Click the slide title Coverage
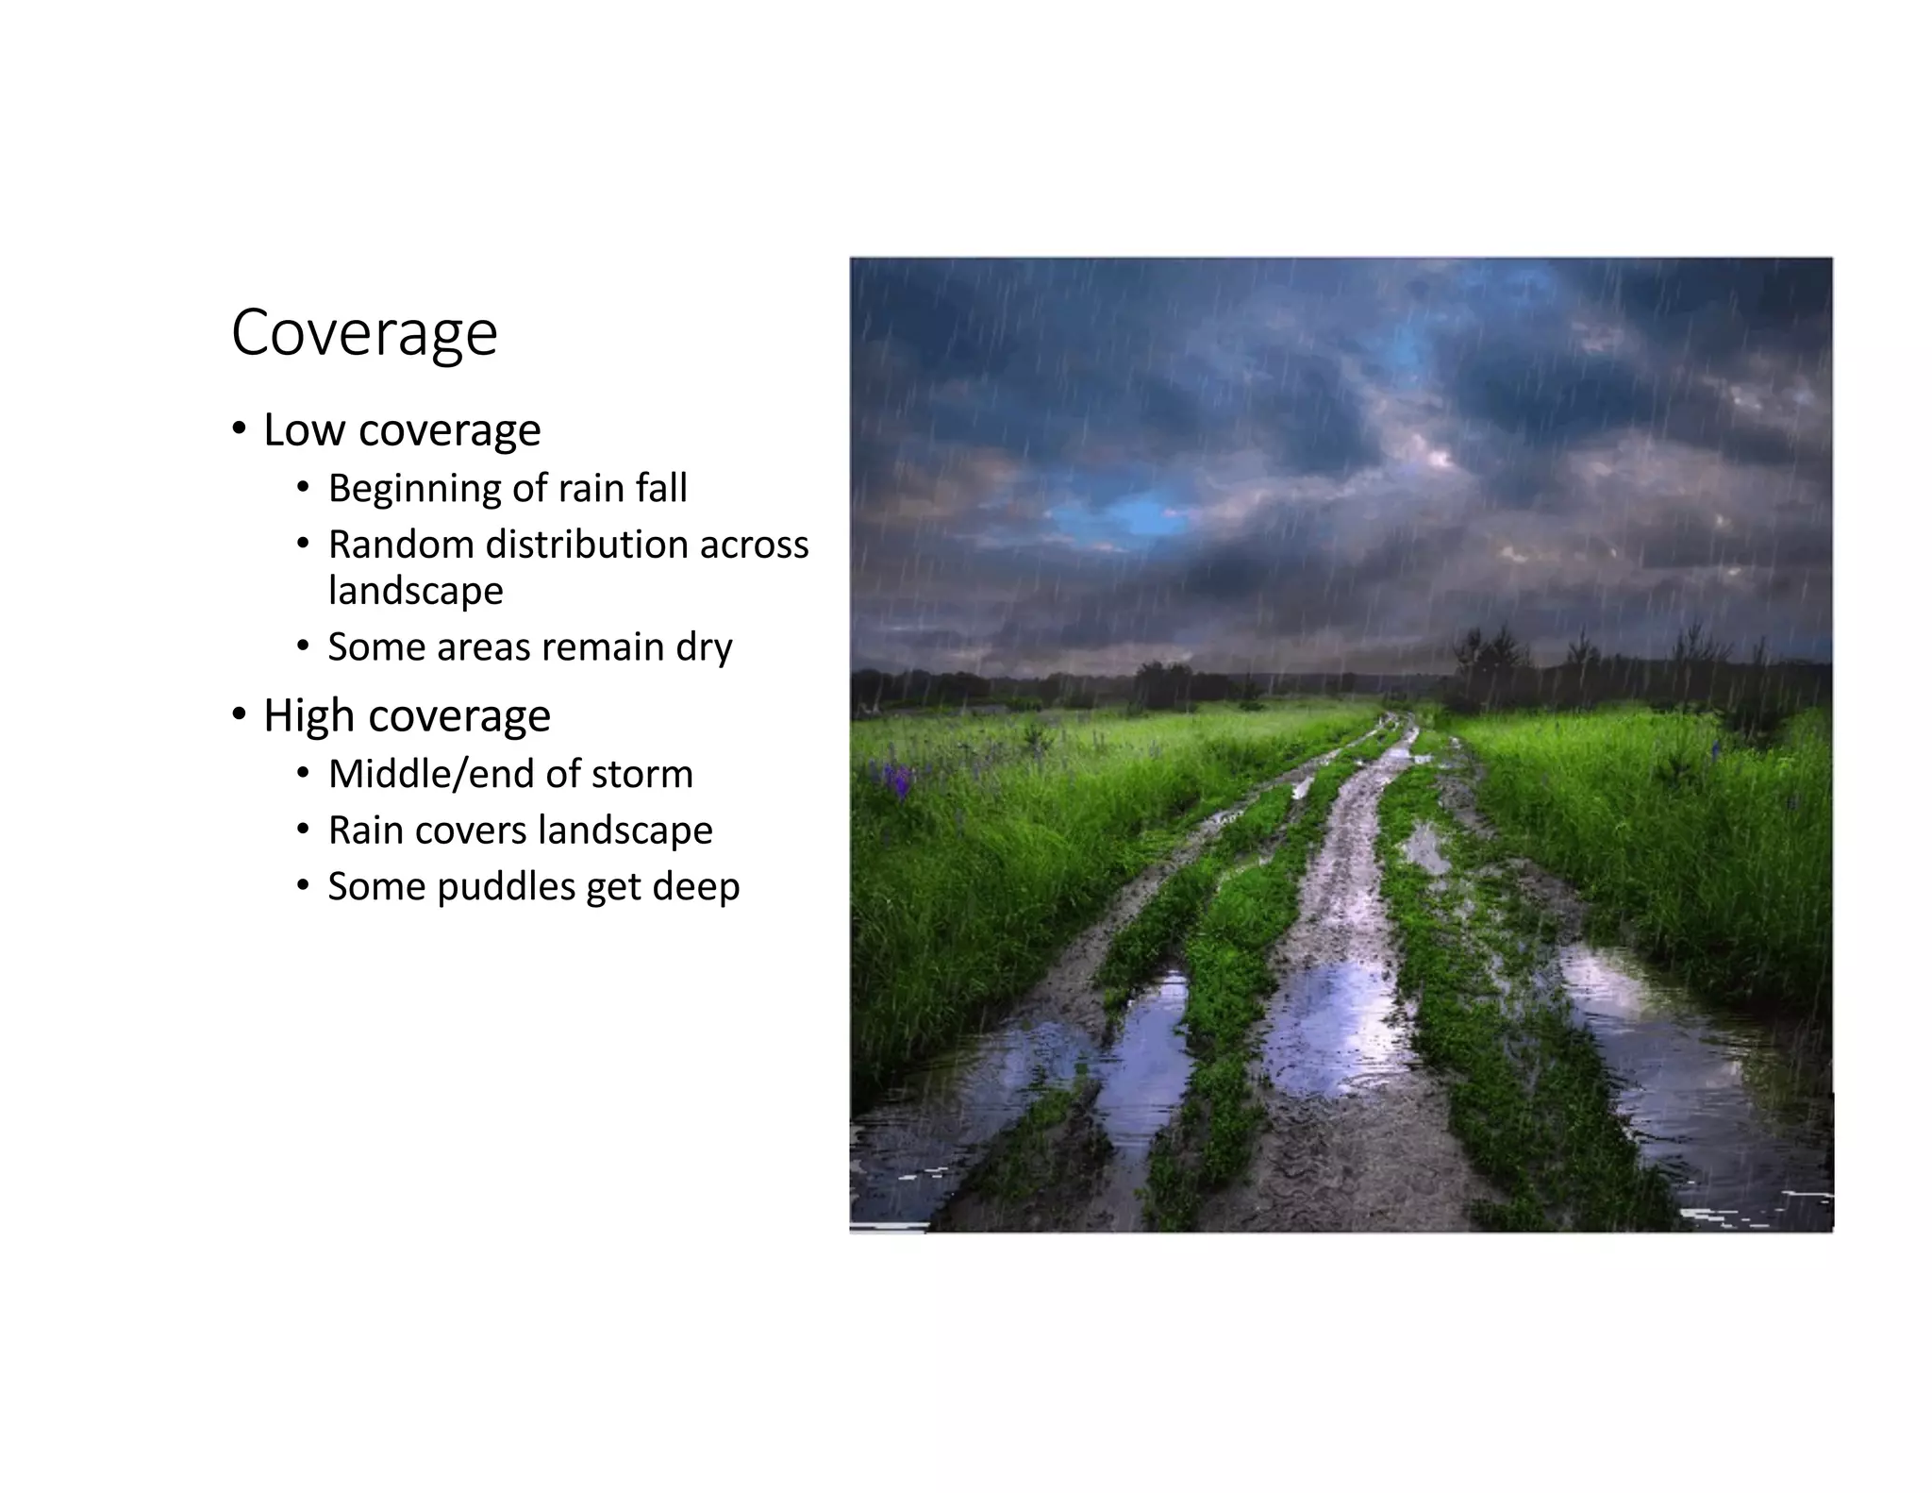point(364,333)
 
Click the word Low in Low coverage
point(304,430)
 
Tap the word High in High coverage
point(308,715)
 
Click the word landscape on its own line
point(415,592)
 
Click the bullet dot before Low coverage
point(240,430)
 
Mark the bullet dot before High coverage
point(240,715)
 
